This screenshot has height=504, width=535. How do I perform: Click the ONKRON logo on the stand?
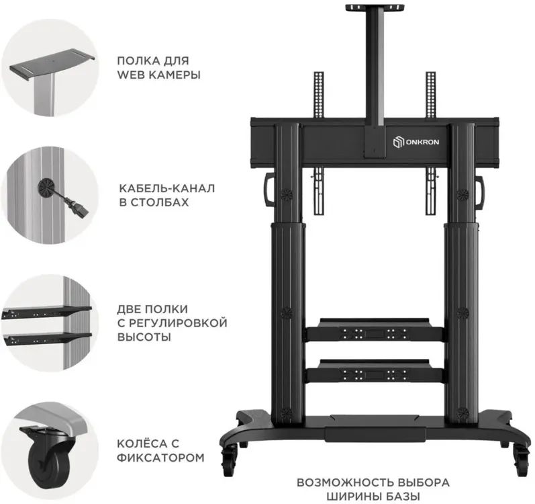[x=416, y=142]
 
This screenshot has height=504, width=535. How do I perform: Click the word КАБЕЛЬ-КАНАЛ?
[x=167, y=188]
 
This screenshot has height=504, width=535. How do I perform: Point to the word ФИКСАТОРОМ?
[x=160, y=457]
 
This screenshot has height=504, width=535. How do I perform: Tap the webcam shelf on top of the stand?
[x=375, y=8]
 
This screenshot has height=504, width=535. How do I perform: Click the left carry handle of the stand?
[x=269, y=190]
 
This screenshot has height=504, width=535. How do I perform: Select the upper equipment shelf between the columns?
[x=375, y=330]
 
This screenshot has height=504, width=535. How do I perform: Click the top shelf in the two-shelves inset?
[x=47, y=312]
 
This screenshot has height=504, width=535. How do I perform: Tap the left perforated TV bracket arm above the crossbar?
[x=319, y=95]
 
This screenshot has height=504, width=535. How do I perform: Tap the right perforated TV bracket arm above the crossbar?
[x=430, y=95]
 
